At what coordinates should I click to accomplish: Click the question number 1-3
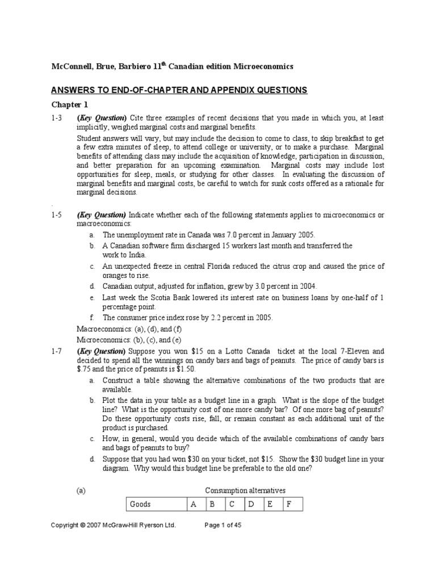56,118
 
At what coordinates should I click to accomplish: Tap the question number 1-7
56,351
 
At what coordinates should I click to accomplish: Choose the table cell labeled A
193,504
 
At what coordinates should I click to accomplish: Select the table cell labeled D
251,504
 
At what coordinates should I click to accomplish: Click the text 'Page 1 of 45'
223,525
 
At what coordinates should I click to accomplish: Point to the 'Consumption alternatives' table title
245,490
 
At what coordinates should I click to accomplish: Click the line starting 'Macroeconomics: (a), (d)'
128,329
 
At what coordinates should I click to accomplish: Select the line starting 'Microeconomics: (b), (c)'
128,339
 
